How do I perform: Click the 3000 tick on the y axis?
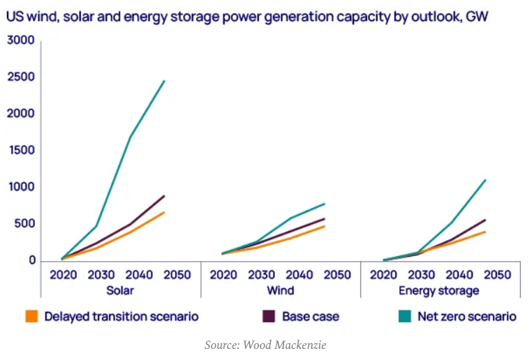click(x=20, y=40)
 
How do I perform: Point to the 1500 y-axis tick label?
click(x=20, y=151)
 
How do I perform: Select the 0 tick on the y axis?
click(x=31, y=261)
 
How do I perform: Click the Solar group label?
click(x=119, y=290)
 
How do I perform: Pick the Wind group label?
click(x=280, y=290)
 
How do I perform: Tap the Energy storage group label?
click(x=438, y=290)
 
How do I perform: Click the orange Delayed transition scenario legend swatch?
click(x=31, y=316)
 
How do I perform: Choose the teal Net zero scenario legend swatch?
click(x=404, y=316)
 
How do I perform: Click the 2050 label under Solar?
click(x=177, y=275)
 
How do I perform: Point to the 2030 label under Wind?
click(x=262, y=275)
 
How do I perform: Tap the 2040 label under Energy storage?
click(x=459, y=275)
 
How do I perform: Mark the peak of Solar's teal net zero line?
click(x=165, y=81)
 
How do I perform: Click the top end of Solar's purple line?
click(x=165, y=195)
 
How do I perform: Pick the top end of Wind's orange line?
click(x=325, y=226)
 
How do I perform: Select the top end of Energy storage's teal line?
click(x=485, y=180)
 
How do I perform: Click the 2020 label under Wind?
click(x=223, y=275)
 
